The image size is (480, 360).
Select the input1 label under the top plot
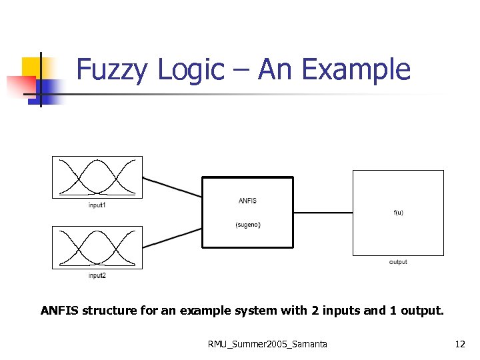(x=97, y=205)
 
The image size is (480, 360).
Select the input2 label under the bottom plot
(x=97, y=275)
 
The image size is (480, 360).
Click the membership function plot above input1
(x=97, y=177)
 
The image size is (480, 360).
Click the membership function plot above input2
(x=97, y=247)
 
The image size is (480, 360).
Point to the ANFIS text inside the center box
(x=247, y=201)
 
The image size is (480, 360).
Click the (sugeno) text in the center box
(x=248, y=225)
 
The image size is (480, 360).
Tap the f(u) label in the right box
(x=398, y=213)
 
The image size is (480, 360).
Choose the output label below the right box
(x=398, y=262)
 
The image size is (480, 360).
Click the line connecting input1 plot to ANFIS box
(x=172, y=187)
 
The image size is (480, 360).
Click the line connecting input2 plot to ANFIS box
(x=172, y=238)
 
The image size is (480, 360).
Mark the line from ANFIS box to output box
(x=323, y=213)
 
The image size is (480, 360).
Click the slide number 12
(x=460, y=344)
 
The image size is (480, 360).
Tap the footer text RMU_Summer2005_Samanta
(x=267, y=344)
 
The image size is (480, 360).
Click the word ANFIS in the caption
(x=59, y=310)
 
